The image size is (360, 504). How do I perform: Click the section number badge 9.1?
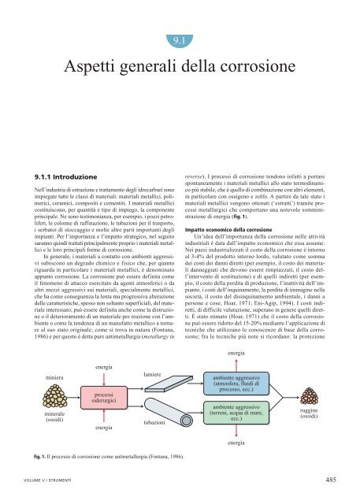click(x=179, y=38)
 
